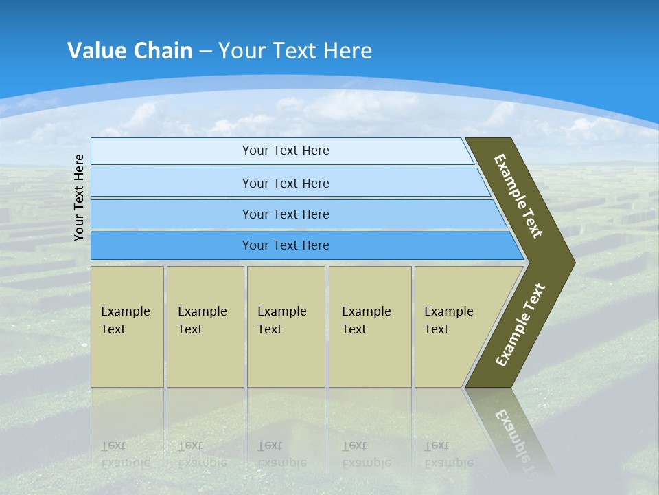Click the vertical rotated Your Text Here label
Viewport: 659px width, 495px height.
click(x=79, y=197)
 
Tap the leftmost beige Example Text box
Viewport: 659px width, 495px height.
click(x=127, y=327)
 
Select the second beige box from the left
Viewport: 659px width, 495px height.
click(x=205, y=327)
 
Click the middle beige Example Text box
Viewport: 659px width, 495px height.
click(x=286, y=327)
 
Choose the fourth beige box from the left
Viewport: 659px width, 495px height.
click(x=370, y=327)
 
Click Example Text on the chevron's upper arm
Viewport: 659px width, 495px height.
click(x=518, y=196)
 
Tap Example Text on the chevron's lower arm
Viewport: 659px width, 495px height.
click(x=520, y=325)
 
